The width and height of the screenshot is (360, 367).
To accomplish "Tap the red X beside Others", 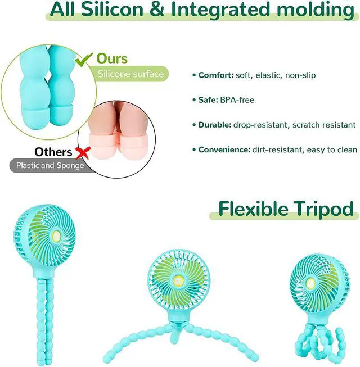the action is [x=83, y=153].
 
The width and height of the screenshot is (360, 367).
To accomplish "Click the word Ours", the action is [x=112, y=58].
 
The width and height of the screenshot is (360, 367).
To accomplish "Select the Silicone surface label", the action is [x=130, y=74].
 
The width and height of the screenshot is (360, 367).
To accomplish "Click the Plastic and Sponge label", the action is [x=50, y=165].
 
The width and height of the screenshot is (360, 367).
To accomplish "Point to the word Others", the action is [x=53, y=152].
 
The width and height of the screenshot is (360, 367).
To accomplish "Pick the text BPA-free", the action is [x=237, y=100].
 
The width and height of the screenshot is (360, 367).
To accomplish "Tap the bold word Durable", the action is [x=215, y=125].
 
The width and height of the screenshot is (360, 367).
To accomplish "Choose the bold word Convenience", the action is [x=224, y=149].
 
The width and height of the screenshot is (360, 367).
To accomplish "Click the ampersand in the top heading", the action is [x=157, y=10].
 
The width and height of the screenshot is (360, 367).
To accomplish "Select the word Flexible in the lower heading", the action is [x=253, y=209].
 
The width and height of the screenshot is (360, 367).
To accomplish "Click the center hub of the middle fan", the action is [x=177, y=279].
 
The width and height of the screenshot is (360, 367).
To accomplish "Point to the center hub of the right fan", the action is [x=310, y=284].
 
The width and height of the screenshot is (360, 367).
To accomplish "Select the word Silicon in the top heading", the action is [x=112, y=10].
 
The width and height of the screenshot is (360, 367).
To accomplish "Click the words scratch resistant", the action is [x=324, y=125].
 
